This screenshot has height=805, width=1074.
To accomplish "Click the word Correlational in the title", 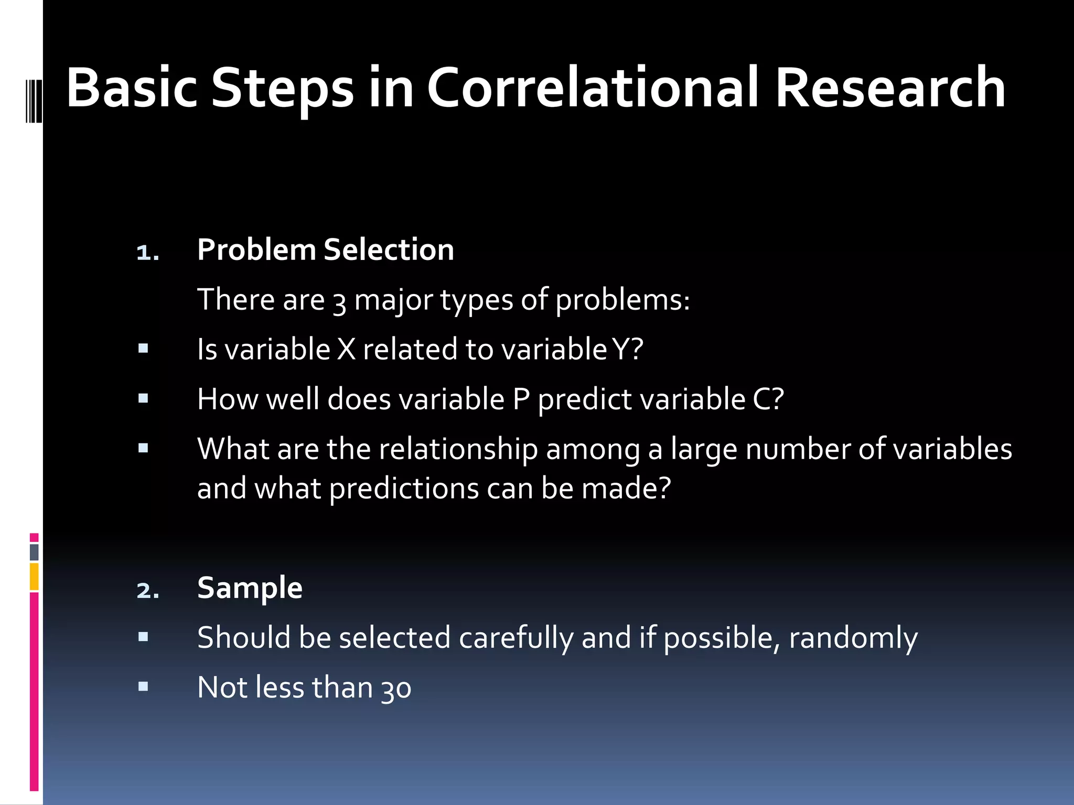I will tap(593, 88).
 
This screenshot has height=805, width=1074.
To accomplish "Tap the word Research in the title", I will tap(890, 88).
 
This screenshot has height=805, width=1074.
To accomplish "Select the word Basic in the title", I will tap(132, 88).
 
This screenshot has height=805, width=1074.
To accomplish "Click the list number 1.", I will tap(147, 253).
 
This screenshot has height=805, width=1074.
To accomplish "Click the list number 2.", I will tap(147, 591).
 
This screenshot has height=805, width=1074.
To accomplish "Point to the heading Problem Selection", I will tap(325, 249).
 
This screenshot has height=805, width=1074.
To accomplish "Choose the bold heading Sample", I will tap(250, 588).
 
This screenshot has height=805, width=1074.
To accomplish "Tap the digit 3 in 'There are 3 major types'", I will tap(339, 302).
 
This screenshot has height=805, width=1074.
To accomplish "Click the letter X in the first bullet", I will tap(346, 350).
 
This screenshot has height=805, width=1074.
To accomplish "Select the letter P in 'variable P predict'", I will tap(521, 399).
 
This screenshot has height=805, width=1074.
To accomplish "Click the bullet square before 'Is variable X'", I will tap(143, 349).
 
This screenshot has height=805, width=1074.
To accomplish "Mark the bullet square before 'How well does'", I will tap(143, 398).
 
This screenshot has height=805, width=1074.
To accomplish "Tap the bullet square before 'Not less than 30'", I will tap(143, 687).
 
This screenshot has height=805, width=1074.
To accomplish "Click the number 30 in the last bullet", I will tap(396, 689).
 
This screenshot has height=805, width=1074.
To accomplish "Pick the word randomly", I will tap(853, 638).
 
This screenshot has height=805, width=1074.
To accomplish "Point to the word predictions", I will tap(404, 489).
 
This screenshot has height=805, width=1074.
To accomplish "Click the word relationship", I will tap(458, 450).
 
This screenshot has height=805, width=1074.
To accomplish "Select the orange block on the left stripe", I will tap(34, 576).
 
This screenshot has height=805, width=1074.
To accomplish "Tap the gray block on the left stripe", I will tap(34, 552).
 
